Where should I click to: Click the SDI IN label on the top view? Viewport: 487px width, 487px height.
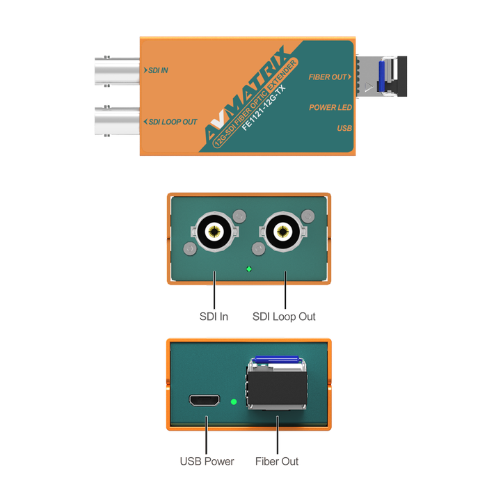pos(158,70)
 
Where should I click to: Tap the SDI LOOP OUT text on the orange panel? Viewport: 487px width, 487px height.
pos(173,122)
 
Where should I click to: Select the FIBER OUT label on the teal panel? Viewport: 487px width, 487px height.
pos(328,77)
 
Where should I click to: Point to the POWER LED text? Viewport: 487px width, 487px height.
pos(330,107)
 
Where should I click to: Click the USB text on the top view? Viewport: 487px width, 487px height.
pos(344,128)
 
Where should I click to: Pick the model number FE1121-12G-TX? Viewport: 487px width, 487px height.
pos(264,109)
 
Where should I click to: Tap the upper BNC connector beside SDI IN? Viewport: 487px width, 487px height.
pos(117,71)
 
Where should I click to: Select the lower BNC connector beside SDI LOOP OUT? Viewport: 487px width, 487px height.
pos(117,121)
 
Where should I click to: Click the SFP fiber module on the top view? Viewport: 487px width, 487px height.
pos(381,77)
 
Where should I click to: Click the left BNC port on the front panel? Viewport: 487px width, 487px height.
pos(214,232)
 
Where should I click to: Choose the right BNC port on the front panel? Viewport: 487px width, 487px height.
pos(283,232)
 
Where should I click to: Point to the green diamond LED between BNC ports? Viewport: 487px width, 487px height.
pos(249,269)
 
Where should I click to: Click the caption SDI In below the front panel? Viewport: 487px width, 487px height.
pos(214,317)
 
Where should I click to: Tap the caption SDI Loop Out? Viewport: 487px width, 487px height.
pos(284,317)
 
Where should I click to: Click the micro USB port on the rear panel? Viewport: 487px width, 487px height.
pos(205,401)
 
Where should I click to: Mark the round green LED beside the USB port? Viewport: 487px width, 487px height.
pos(234,402)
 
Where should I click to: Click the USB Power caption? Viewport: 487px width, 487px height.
pos(207,461)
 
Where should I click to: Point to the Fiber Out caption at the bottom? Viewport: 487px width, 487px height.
pos(277,461)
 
